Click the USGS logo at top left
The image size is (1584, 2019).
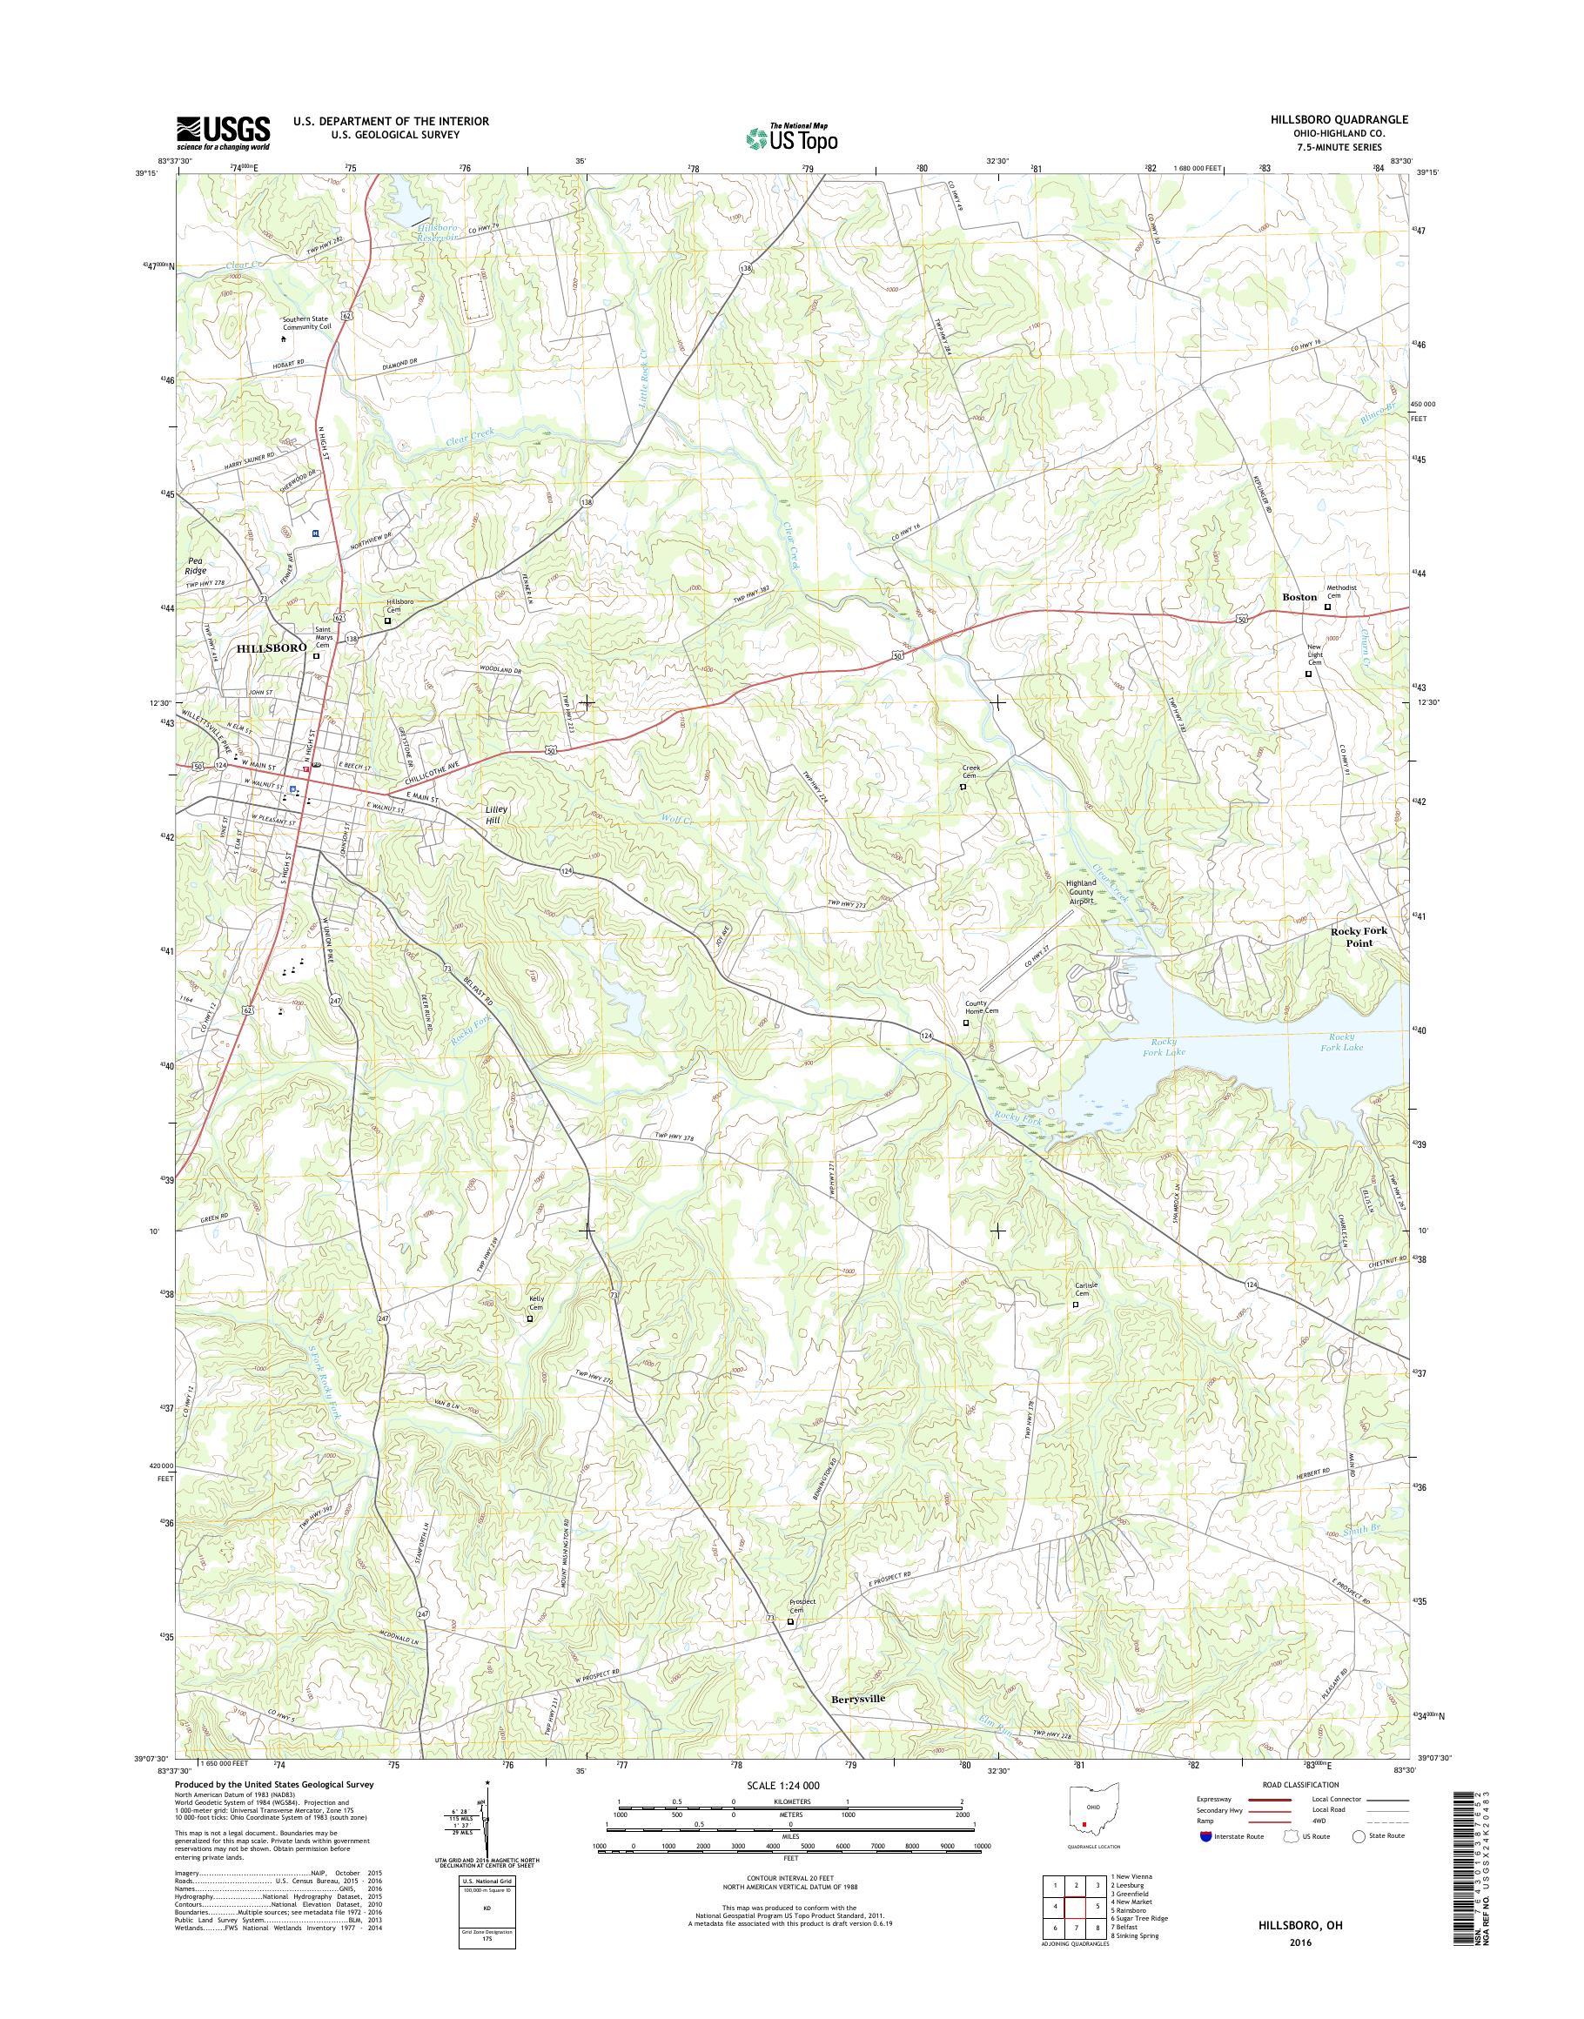(224, 133)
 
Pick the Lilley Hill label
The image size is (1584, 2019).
(496, 814)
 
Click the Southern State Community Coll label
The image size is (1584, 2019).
(307, 323)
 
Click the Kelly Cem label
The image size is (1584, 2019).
(535, 1303)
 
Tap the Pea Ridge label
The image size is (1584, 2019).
(195, 567)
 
